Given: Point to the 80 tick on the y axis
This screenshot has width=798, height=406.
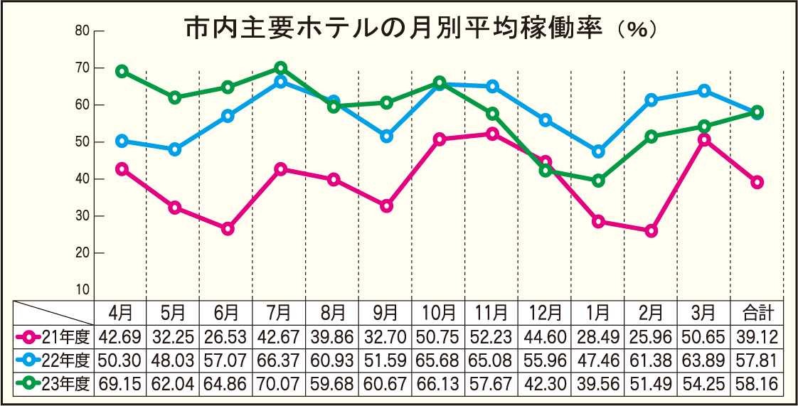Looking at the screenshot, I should click(x=82, y=31).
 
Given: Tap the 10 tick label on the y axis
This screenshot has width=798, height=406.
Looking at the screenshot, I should click(x=82, y=289).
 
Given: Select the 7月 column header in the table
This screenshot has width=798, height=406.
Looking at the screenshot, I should click(x=280, y=313).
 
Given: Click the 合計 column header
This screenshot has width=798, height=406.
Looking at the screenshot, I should click(x=757, y=313).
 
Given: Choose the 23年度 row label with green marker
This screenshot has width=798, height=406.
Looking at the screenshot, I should click(x=55, y=385).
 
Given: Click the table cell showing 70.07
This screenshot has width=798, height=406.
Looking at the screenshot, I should click(x=280, y=385).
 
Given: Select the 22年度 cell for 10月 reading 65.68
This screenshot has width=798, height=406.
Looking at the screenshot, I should click(x=439, y=360).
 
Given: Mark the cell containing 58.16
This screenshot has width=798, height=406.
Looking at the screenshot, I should click(x=757, y=385).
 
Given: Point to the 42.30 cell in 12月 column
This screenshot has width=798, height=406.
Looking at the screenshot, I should click(x=546, y=385).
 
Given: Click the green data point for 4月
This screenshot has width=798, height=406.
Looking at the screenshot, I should click(x=122, y=71).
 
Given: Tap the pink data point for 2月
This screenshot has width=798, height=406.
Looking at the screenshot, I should click(x=651, y=231).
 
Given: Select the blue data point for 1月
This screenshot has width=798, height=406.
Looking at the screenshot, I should click(x=598, y=151).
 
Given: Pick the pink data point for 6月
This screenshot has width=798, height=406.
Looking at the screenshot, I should click(x=228, y=229).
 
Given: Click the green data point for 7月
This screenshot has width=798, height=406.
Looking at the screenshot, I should click(x=280, y=68).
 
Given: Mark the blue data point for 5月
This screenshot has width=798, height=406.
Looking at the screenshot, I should click(x=174, y=149).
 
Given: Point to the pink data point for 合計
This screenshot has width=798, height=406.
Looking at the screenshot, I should click(x=757, y=182).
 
